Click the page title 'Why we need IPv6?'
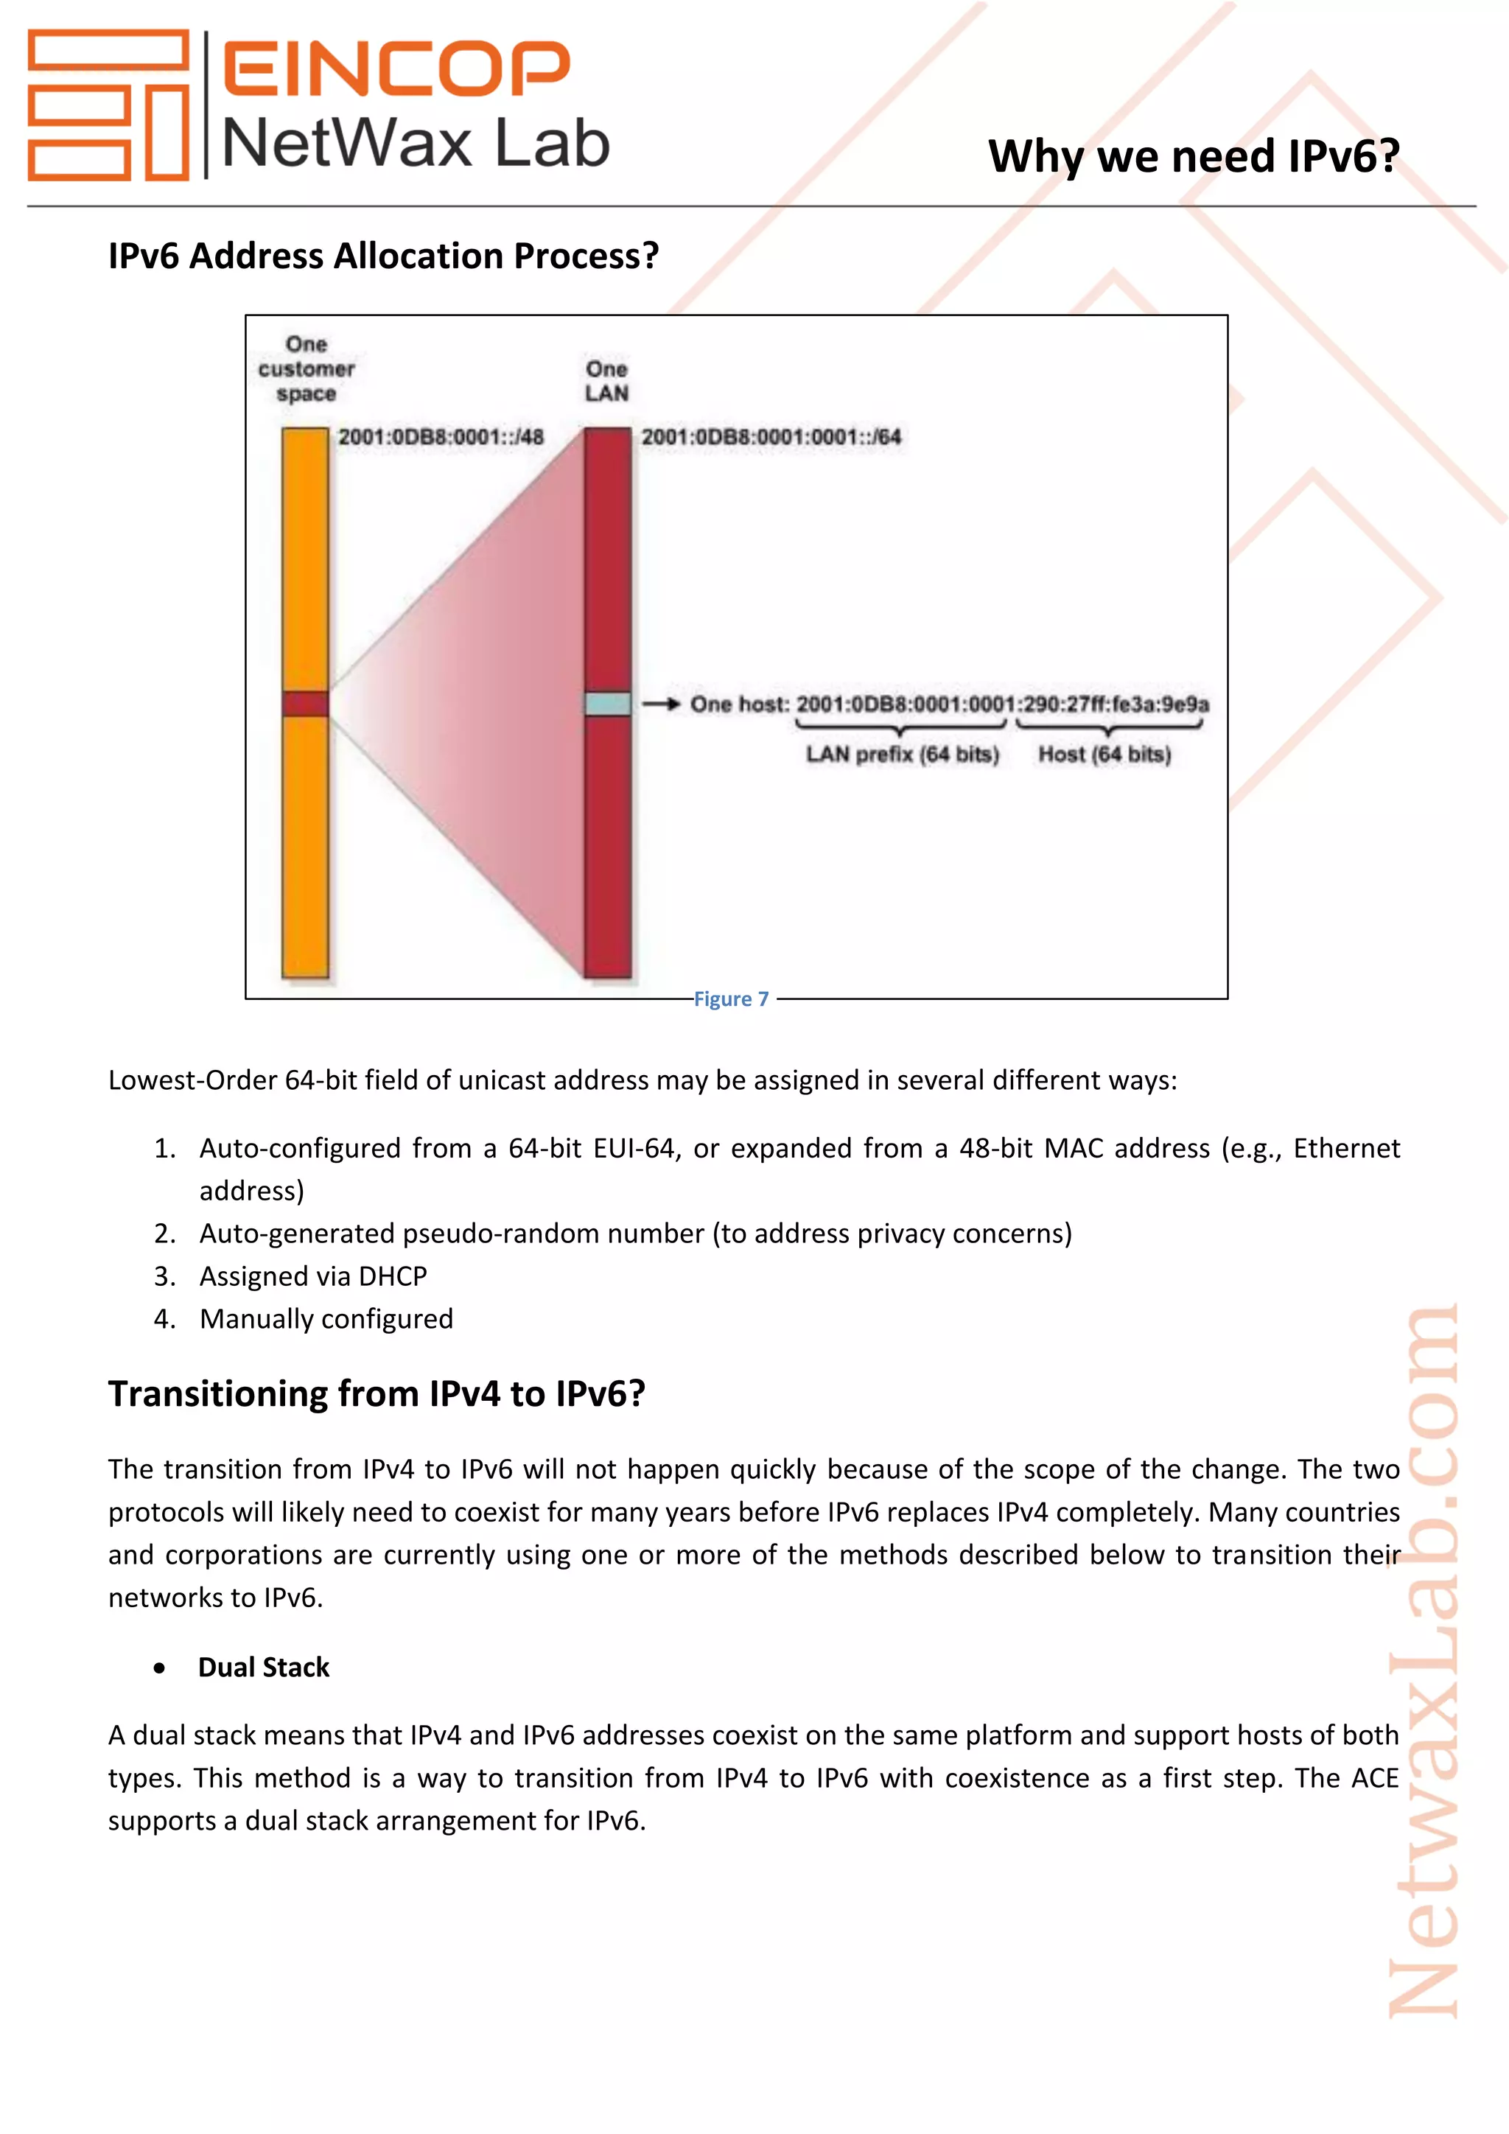point(1193,156)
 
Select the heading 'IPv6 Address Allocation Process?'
point(383,256)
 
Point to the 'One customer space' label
point(306,369)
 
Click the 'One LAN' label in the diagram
point(606,381)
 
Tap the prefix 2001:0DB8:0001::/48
point(441,437)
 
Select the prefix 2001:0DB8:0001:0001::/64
point(770,437)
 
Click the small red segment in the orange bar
point(306,704)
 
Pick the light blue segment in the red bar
point(608,704)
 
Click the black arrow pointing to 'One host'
point(661,704)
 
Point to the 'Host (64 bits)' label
point(1104,754)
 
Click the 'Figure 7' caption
point(731,999)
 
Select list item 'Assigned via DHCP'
point(313,1276)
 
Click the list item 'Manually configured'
point(326,1319)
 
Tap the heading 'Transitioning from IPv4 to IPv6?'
point(377,1394)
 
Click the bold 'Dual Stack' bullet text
point(264,1668)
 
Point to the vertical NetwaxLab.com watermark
point(1423,1664)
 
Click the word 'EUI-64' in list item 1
point(634,1149)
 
